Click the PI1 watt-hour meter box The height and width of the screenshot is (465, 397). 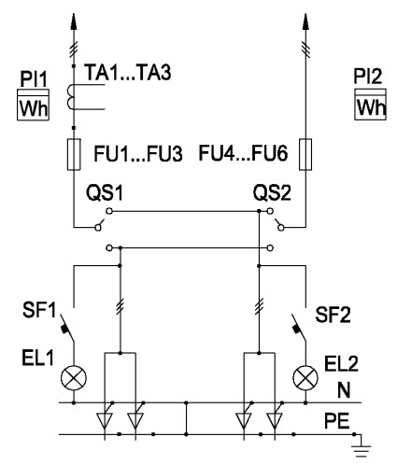[x=33, y=105]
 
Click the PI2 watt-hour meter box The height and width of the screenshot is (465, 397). [x=370, y=105]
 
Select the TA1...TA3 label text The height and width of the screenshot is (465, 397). [x=128, y=72]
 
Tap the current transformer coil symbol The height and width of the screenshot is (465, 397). [x=70, y=97]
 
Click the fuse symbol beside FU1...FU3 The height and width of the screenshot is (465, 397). [x=74, y=154]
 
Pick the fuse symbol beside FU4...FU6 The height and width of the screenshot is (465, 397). [x=305, y=154]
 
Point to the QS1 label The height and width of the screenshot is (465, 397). [x=105, y=192]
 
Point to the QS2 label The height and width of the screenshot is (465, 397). [x=272, y=192]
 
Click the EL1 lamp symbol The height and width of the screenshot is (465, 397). [x=74, y=377]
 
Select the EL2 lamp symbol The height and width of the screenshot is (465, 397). [x=305, y=377]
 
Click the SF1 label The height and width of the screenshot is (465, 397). [x=39, y=310]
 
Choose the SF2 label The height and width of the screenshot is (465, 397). [x=333, y=315]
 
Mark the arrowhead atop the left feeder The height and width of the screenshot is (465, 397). [x=74, y=21]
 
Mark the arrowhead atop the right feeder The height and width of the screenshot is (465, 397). [x=305, y=21]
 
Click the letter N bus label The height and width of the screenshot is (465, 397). [x=344, y=389]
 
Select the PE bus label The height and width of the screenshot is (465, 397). [x=337, y=421]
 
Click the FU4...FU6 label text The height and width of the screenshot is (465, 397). [x=243, y=153]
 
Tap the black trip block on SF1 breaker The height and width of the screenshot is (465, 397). [x=65, y=329]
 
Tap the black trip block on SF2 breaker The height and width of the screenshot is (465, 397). [x=297, y=329]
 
